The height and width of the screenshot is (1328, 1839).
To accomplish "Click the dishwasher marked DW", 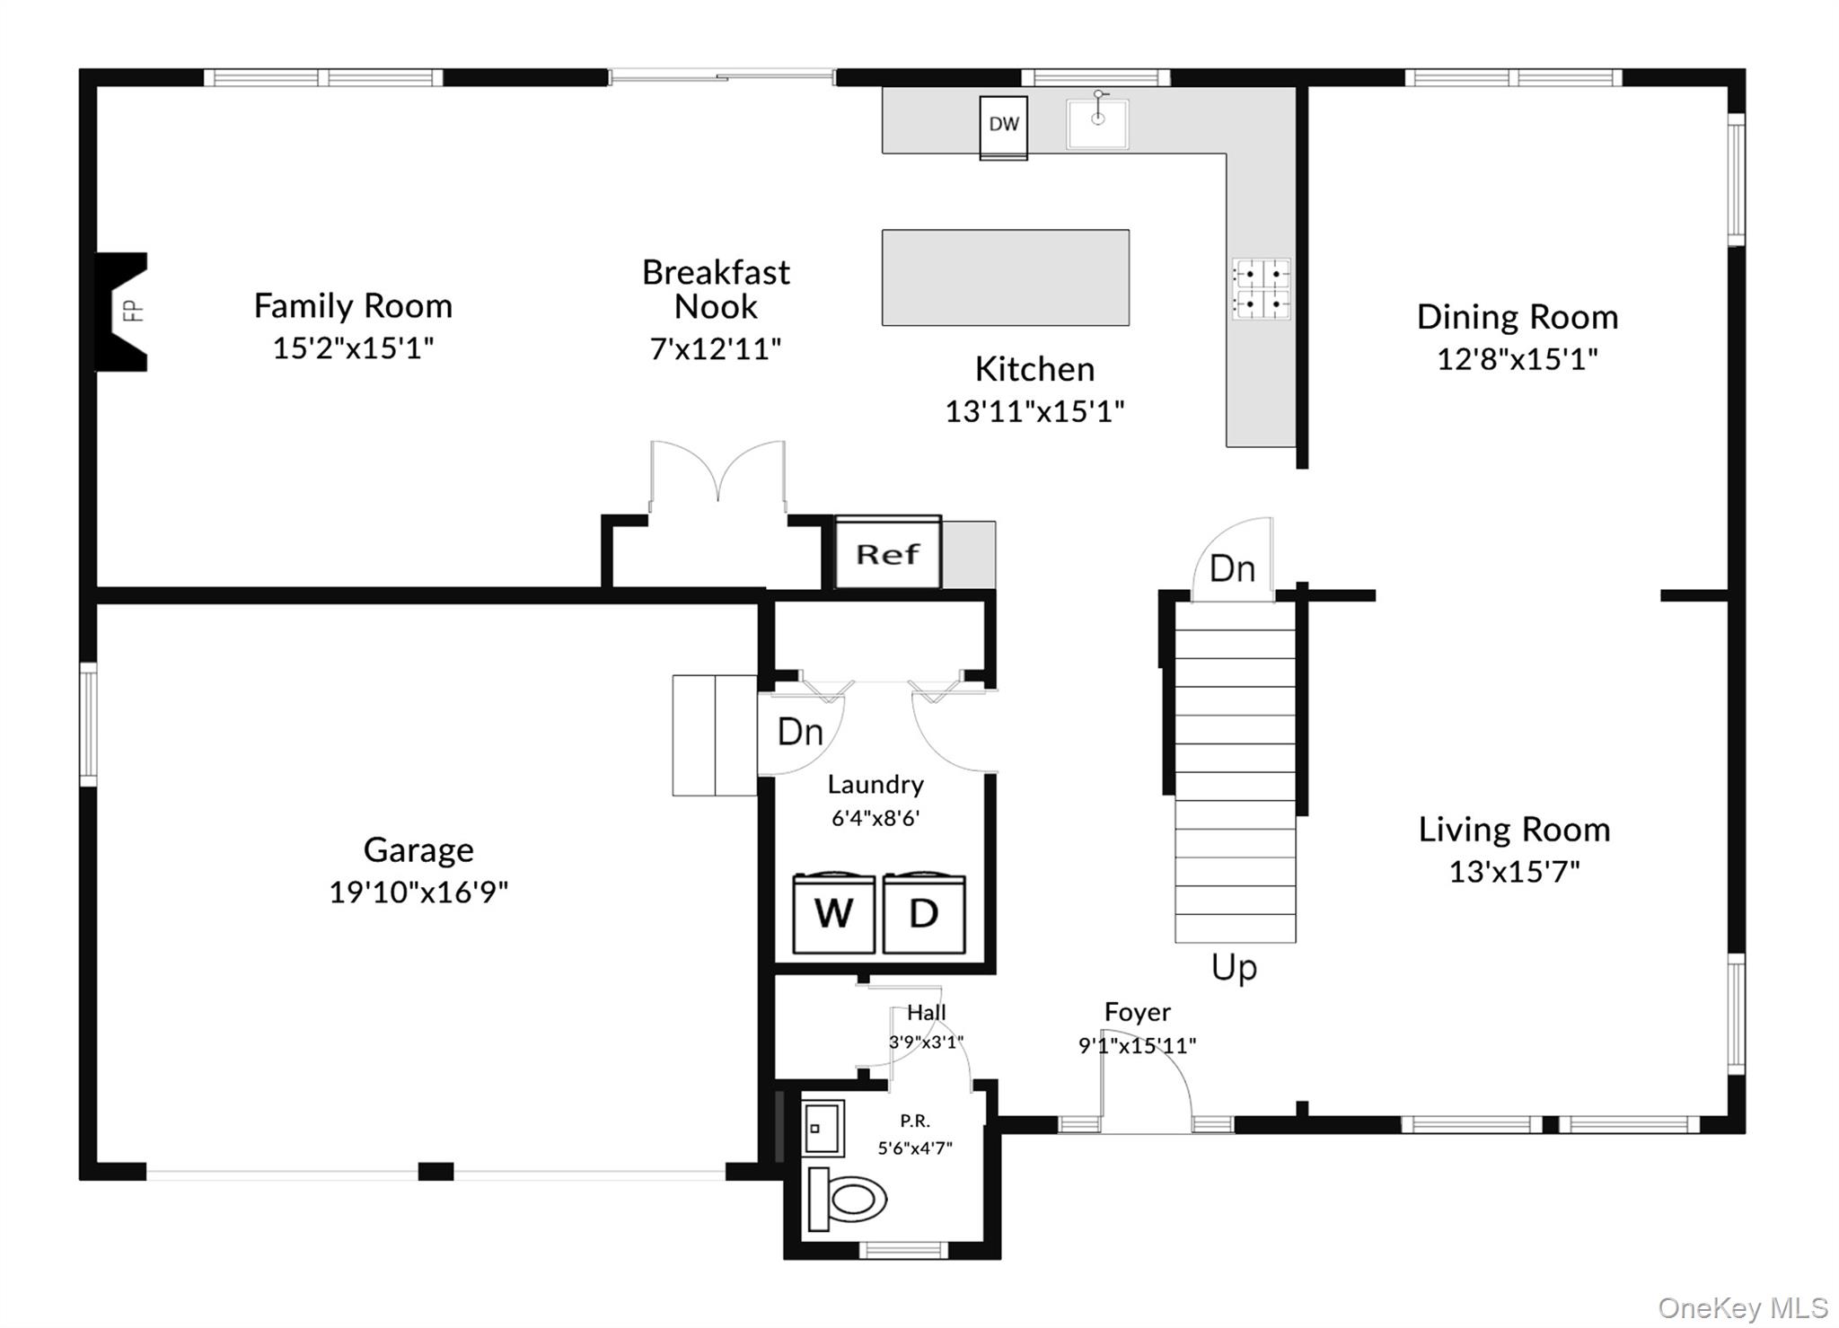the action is point(1003,128).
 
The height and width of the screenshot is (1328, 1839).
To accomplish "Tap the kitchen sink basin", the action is point(1097,124).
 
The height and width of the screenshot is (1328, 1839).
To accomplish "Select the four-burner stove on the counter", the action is point(1261,289).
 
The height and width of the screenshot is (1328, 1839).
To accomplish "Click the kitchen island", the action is point(1006,277).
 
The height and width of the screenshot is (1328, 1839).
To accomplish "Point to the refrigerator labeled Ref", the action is point(888,552).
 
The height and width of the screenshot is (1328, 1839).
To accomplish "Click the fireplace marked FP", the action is point(122,312).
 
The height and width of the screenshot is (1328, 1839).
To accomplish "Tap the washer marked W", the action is point(833,912).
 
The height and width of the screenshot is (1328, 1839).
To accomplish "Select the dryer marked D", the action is point(924,912).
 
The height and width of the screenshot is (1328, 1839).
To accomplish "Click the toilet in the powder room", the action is point(847,1199).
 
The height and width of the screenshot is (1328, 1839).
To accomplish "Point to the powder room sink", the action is point(823,1128).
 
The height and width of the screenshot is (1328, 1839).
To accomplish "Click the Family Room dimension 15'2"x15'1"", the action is point(353,347).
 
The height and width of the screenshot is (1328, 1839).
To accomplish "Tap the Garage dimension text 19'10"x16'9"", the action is point(418,892).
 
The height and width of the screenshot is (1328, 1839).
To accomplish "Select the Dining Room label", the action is point(1518,317).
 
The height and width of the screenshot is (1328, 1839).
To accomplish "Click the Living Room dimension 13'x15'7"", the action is point(1514,871).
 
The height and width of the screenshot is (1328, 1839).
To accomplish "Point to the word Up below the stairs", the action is point(1234,968).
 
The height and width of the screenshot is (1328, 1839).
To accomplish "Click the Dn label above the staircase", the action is point(1232,568).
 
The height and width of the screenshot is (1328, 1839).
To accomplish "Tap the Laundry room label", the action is point(876,785).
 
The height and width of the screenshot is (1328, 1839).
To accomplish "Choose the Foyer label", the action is point(1138,1012).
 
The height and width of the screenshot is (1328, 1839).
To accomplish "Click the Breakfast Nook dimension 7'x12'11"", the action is point(716,348).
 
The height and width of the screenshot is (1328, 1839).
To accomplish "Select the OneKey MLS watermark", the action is point(1743,1308).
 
